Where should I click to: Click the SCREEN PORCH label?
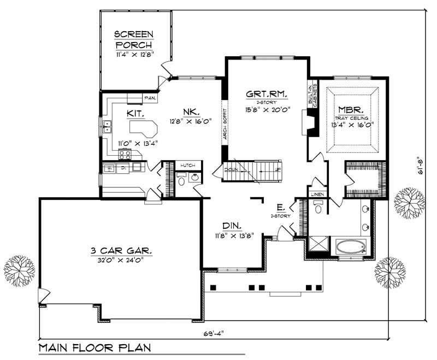[x=134, y=40]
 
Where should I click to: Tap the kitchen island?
[x=143, y=131]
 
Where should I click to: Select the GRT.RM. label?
[x=267, y=94]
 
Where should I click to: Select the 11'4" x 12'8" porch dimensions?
[x=134, y=55]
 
